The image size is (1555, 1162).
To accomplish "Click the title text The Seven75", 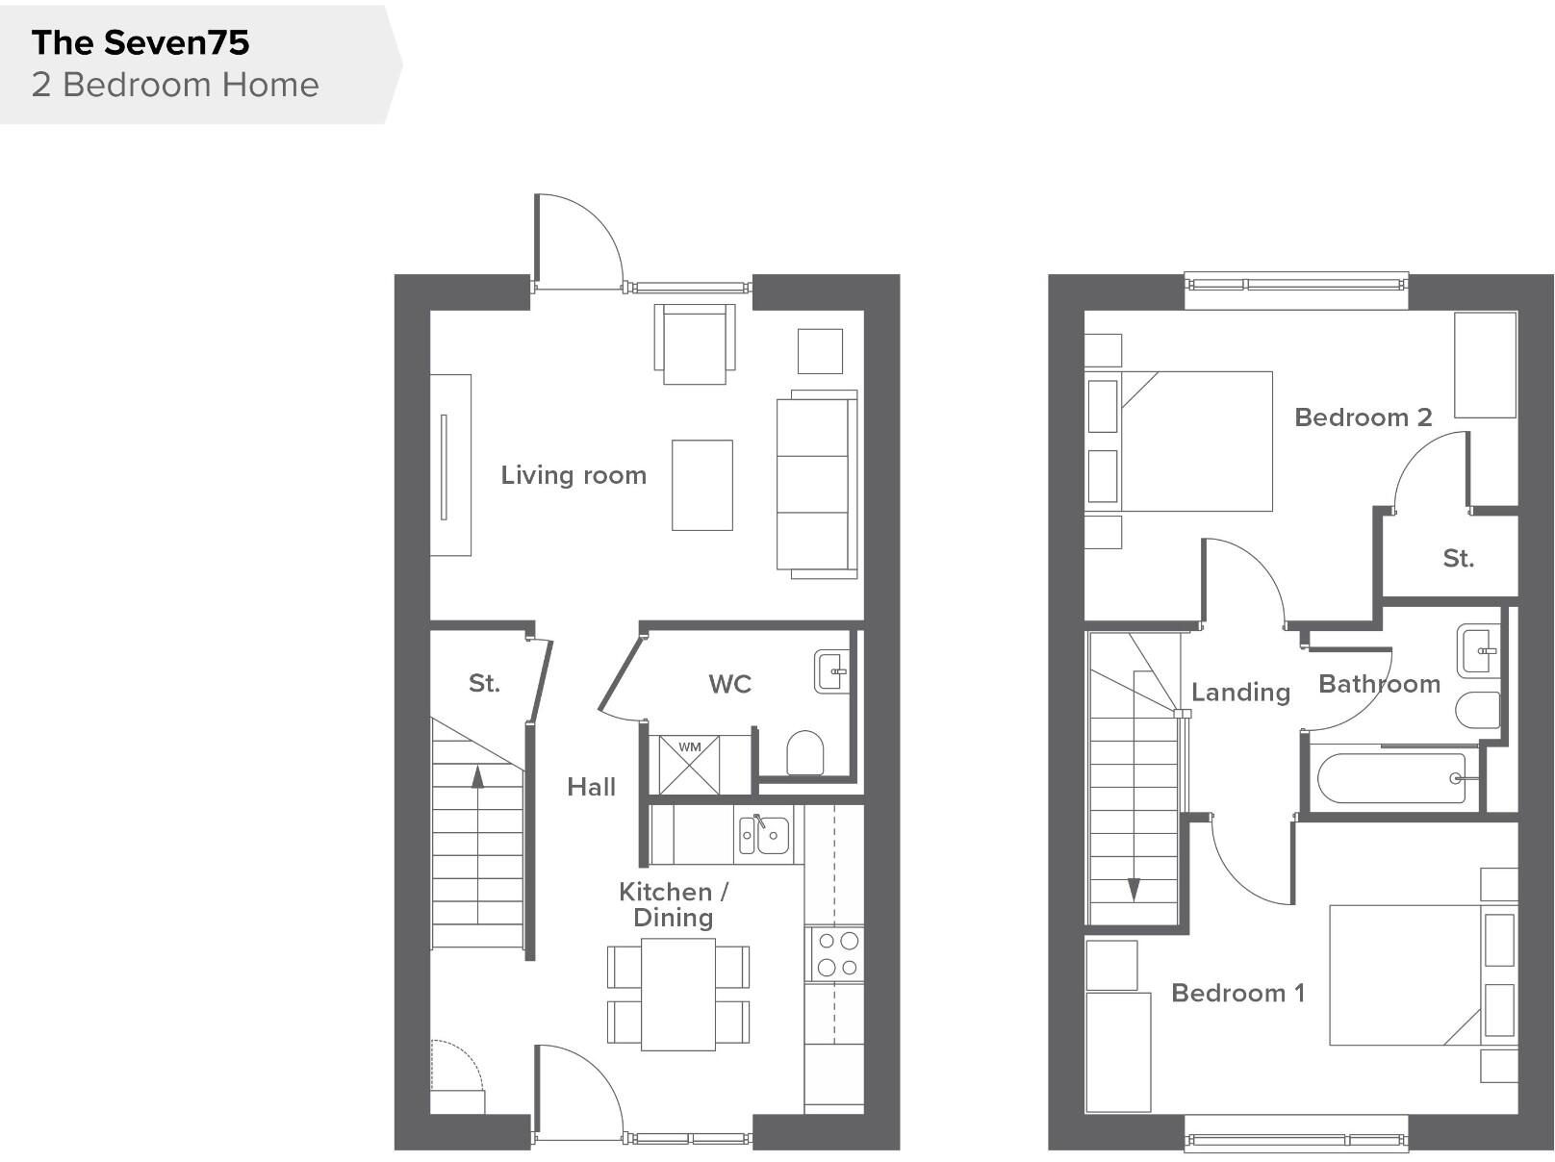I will (x=140, y=42).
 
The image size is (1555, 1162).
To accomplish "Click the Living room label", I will (x=574, y=475).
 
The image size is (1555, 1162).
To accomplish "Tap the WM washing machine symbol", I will (x=690, y=766).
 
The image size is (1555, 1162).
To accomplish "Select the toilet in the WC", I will (x=805, y=753).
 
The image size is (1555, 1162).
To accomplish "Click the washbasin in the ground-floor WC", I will (x=831, y=671).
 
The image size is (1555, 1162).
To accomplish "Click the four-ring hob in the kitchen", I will (x=836, y=954).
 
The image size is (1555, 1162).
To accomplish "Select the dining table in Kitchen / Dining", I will (x=678, y=995).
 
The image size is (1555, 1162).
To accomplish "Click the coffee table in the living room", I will (x=701, y=485).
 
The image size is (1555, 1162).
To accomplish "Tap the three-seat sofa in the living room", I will (x=816, y=484).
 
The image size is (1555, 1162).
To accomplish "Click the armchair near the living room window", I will (x=695, y=343).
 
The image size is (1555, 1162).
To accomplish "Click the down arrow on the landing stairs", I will (x=1134, y=889).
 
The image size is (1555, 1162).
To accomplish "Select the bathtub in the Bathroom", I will (x=1390, y=778).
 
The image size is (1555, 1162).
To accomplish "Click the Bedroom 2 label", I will (x=1363, y=417).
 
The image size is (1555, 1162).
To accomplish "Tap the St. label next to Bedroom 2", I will (x=1458, y=558).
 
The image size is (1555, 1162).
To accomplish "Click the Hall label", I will (x=591, y=787).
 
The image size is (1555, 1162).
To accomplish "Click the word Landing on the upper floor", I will (x=1240, y=692).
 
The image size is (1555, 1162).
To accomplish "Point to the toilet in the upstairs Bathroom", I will (x=1477, y=711).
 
